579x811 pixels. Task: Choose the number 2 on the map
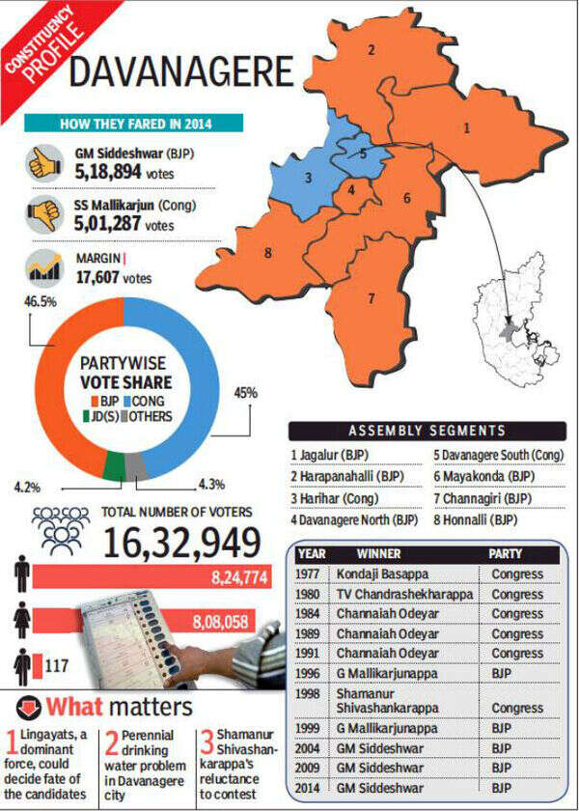371,49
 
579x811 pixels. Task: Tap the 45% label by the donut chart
246,392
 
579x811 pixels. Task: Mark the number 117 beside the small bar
62,665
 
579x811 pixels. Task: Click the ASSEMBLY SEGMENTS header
424,432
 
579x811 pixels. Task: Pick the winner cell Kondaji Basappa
379,574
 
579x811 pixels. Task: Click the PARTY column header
510,555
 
